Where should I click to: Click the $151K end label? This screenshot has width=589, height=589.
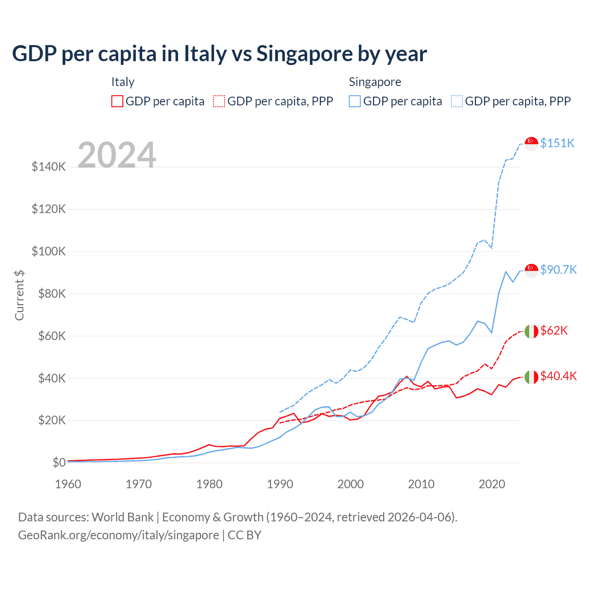coord(557,143)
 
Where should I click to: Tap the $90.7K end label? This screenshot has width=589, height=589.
coord(558,270)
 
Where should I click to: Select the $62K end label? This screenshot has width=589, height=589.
coord(554,330)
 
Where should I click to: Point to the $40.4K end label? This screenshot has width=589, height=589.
coord(558,376)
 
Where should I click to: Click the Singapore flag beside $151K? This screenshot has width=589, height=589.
coord(531,144)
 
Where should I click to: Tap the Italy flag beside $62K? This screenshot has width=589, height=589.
coord(531,331)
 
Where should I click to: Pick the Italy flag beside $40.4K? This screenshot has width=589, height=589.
coord(531,377)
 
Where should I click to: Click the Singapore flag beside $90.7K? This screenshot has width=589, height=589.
coord(531,270)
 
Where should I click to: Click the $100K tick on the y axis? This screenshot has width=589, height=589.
coord(49,252)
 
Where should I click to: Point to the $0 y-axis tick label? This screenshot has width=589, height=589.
coord(59,462)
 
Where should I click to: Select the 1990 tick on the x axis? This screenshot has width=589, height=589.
coord(280,484)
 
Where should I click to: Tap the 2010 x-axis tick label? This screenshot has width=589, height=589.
coord(421,484)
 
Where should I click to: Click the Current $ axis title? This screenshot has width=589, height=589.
coord(19,295)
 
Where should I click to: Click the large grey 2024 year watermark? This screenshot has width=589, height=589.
coord(117,155)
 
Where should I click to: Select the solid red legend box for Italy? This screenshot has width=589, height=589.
coord(117,101)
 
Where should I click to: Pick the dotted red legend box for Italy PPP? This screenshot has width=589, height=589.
coord(219,101)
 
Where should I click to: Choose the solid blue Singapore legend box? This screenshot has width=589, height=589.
coord(355,101)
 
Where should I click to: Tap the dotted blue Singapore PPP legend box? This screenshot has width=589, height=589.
coord(457,101)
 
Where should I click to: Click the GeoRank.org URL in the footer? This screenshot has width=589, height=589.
coord(119,535)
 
